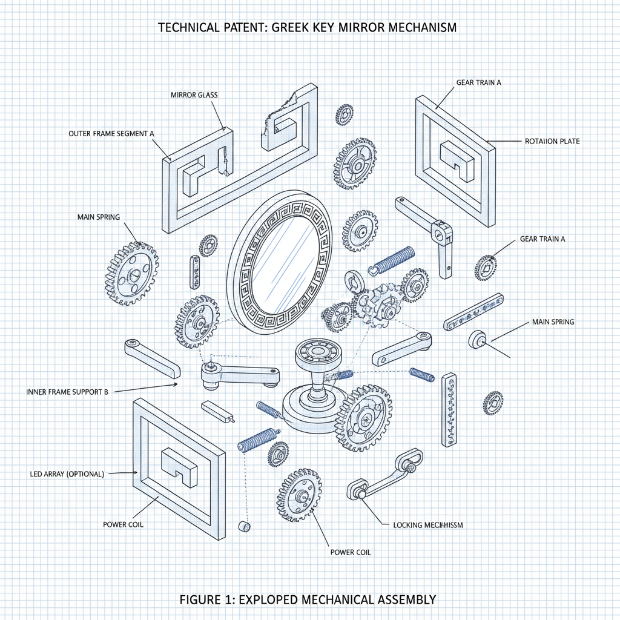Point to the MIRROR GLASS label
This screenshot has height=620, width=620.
[194, 95]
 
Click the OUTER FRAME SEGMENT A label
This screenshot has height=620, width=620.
[107, 133]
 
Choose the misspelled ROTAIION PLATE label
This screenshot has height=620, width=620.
[551, 141]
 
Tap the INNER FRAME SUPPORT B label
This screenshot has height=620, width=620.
[67, 392]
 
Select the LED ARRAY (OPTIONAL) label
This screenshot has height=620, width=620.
[67, 473]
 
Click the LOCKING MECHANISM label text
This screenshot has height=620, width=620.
[427, 525]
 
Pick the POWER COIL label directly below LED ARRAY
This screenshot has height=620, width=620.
[124, 524]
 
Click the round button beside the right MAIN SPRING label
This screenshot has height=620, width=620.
[477, 339]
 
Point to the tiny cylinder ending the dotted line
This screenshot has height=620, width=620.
[245, 526]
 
